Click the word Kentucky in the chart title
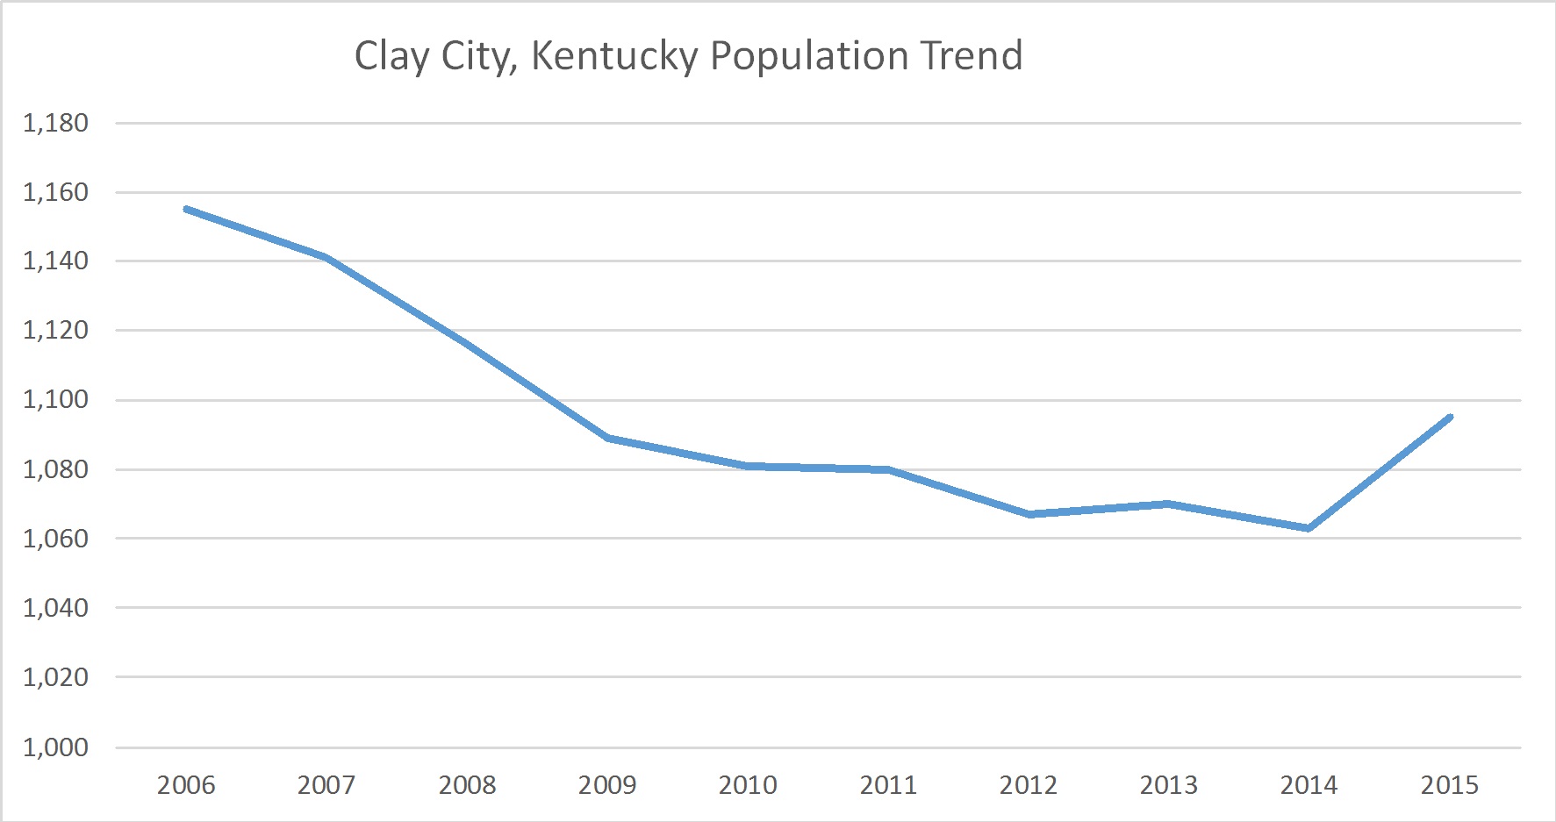click(614, 56)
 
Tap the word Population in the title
click(808, 56)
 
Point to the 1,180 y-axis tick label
click(55, 123)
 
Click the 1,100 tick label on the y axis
click(55, 400)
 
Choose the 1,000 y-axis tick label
click(55, 747)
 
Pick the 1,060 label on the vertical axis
click(55, 539)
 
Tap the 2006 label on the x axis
click(186, 784)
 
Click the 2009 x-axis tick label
click(607, 784)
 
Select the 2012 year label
click(1029, 784)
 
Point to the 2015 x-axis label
click(1450, 784)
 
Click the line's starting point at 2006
click(187, 210)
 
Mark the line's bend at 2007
click(326, 257)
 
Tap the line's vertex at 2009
click(607, 437)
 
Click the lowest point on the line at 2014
click(1309, 528)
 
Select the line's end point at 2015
click(1450, 418)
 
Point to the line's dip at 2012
click(1029, 514)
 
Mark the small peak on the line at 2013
click(1168, 504)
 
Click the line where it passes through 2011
click(888, 469)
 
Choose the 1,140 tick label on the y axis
click(55, 261)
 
